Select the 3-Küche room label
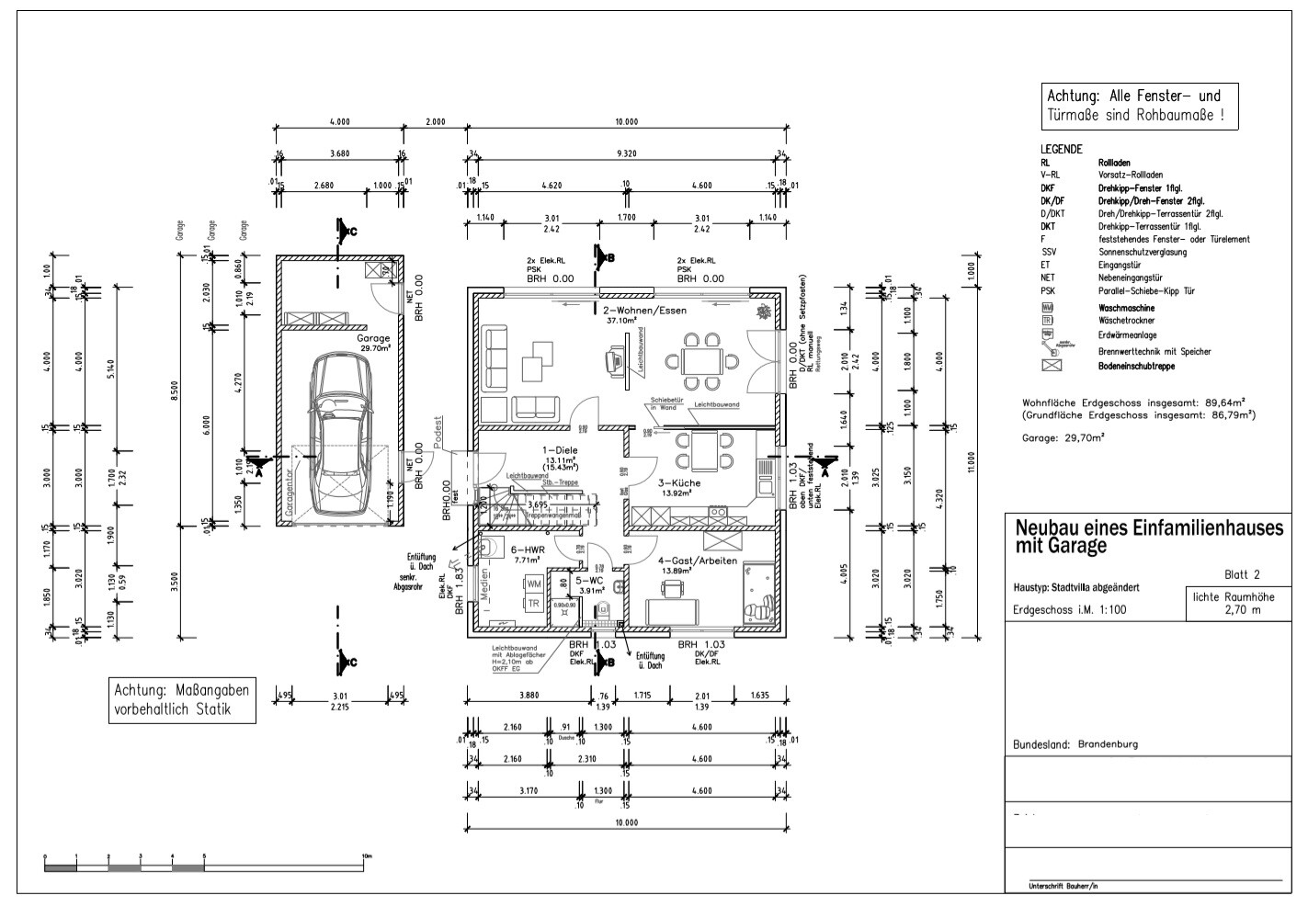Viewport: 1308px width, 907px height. pos(679,482)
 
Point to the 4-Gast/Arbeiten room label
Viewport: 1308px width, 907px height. pos(698,560)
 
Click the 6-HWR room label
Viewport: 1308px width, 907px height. pos(528,550)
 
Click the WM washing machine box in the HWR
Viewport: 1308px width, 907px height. pos(533,583)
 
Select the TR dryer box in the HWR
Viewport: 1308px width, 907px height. pos(533,603)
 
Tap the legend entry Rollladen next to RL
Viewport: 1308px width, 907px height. pos(1115,163)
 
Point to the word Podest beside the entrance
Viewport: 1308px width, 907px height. pos(438,433)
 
